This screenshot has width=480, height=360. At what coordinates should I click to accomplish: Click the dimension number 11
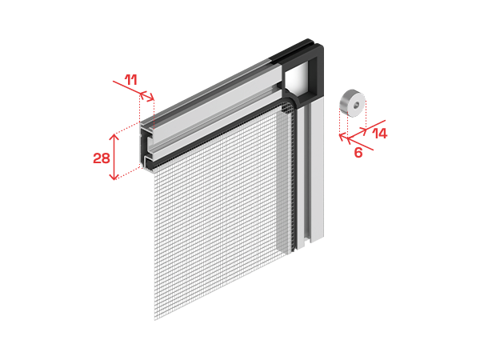pyautogui.click(x=131, y=80)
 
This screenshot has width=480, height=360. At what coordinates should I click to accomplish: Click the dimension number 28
pyautogui.click(x=102, y=158)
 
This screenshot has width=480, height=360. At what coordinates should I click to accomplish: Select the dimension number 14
pyautogui.click(x=379, y=134)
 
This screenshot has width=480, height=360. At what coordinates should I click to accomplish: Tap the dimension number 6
pyautogui.click(x=358, y=153)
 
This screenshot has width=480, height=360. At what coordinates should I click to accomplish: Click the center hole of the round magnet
pyautogui.click(x=356, y=106)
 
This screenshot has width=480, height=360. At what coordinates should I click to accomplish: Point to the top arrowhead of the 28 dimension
pyautogui.click(x=114, y=137)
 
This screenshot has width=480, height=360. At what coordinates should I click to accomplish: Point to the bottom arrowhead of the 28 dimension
pyautogui.click(x=114, y=177)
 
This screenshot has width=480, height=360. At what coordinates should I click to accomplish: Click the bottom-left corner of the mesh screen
pyautogui.click(x=154, y=320)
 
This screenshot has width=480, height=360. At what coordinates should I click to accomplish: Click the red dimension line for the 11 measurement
pyautogui.click(x=134, y=90)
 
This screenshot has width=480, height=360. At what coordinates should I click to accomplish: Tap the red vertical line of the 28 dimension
pyautogui.click(x=114, y=157)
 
